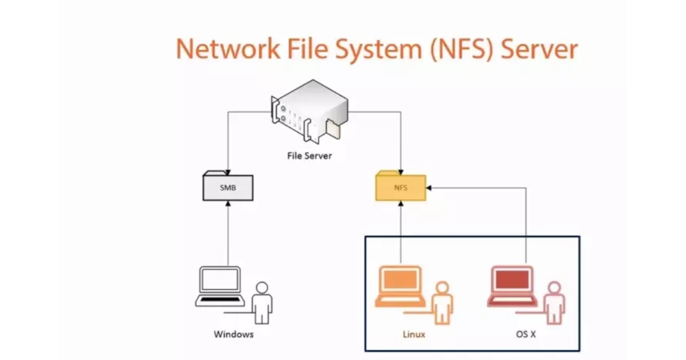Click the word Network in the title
click(x=228, y=49)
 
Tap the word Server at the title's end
click(x=539, y=49)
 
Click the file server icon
click(x=309, y=111)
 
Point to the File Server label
click(x=309, y=155)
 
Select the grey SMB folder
click(x=228, y=186)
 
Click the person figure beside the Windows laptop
click(x=262, y=303)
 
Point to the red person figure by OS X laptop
click(x=553, y=303)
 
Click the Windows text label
click(x=233, y=334)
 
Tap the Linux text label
click(x=414, y=334)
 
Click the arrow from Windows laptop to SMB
click(x=228, y=234)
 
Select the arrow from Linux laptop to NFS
click(x=401, y=234)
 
